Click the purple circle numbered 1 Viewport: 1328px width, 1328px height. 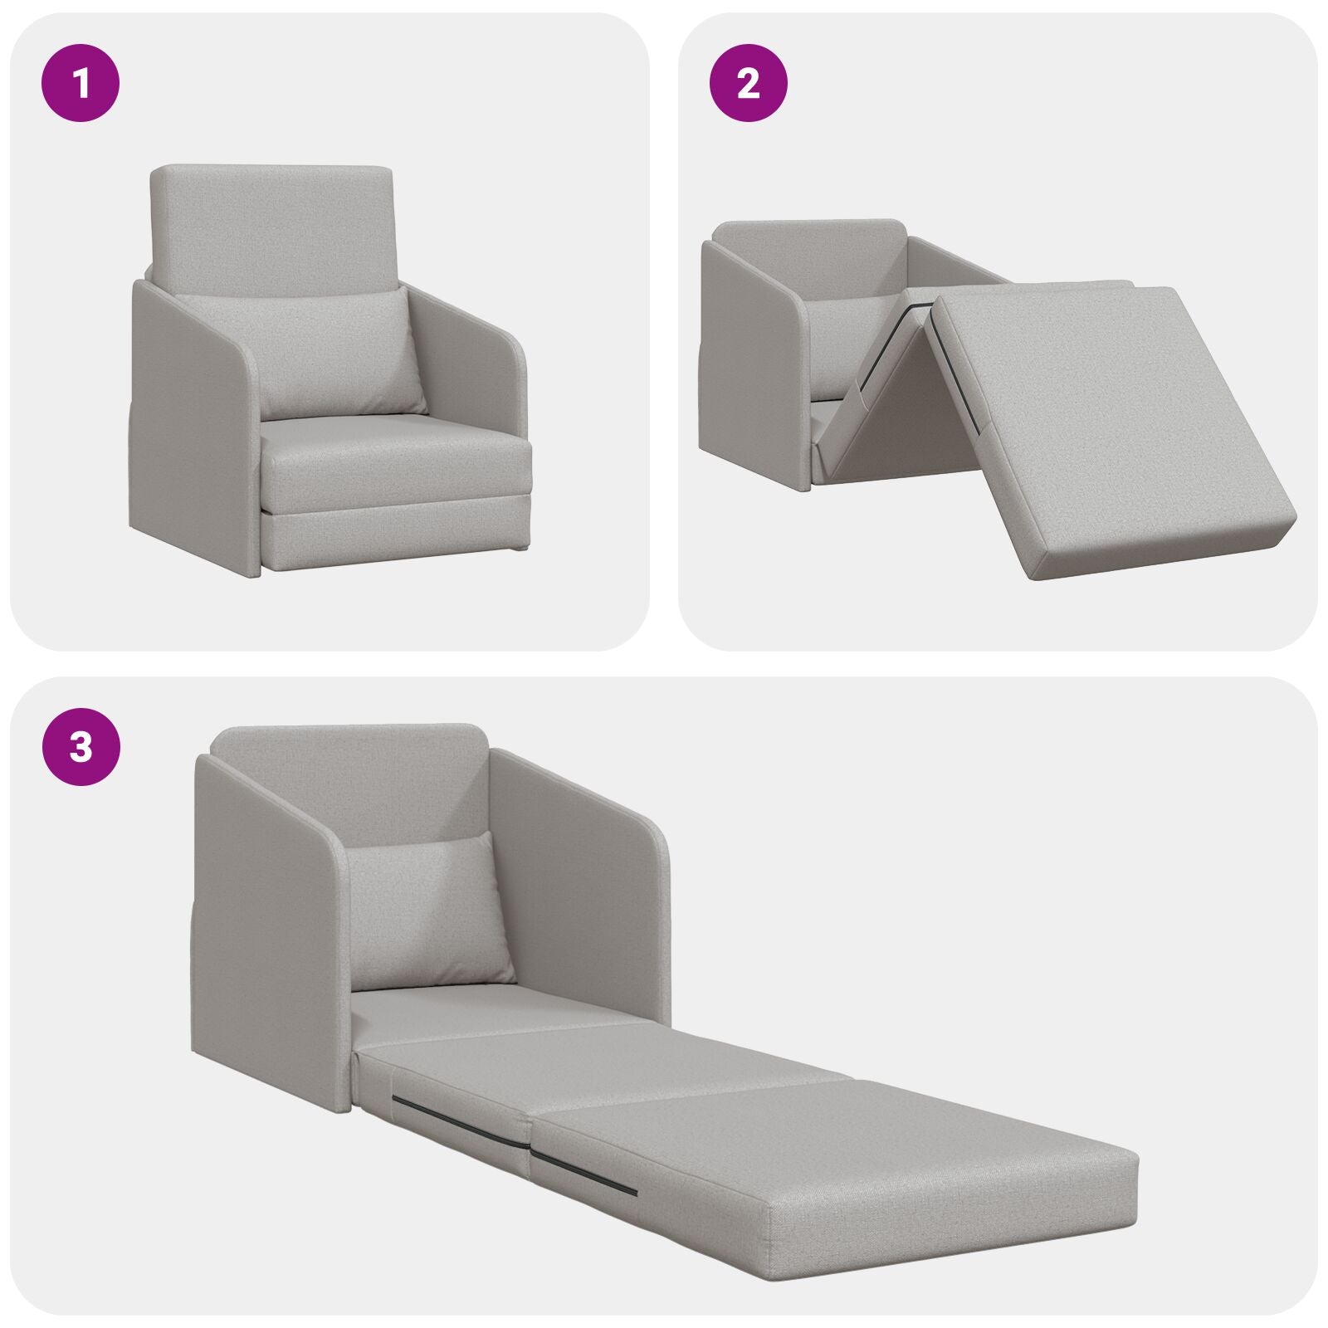81,85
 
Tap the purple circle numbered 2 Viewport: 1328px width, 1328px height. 749,85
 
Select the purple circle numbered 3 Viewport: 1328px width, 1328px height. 81,747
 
